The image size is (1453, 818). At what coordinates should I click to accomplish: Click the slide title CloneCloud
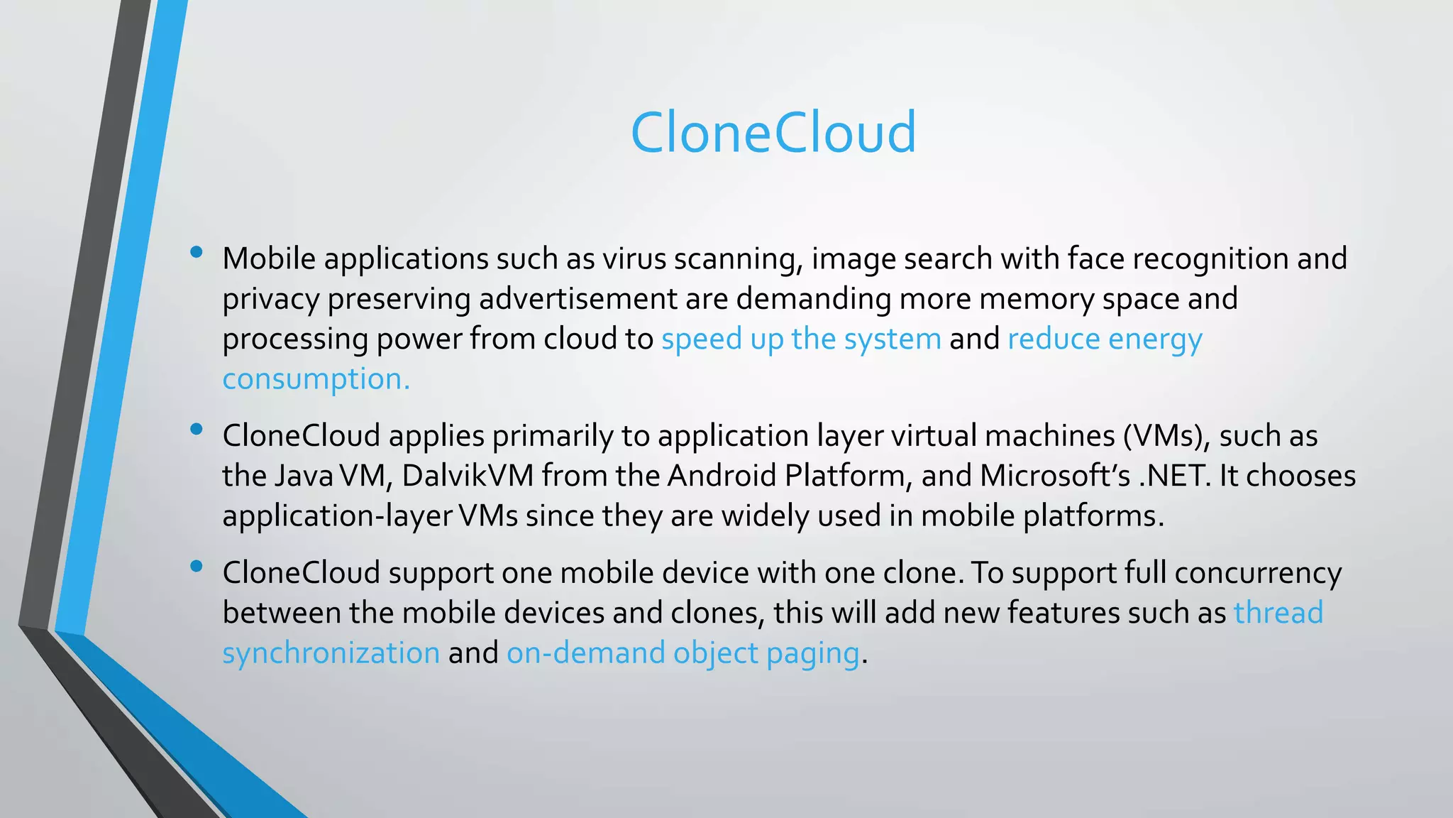point(773,133)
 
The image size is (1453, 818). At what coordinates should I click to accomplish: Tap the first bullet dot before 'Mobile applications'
point(197,251)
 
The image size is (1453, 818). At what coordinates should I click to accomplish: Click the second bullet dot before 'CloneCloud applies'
point(197,428)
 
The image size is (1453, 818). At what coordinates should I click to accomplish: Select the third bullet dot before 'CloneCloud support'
point(197,566)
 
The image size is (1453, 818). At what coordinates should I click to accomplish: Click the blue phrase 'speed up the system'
point(801,339)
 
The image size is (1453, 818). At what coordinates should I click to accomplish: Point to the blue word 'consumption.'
point(316,380)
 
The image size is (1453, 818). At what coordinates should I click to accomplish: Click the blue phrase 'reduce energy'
point(1105,339)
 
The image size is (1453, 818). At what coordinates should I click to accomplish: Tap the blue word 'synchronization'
point(331,653)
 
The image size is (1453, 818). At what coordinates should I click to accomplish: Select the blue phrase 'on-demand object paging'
point(683,653)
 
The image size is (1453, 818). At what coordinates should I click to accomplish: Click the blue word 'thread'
point(1278,613)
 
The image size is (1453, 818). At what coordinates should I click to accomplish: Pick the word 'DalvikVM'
point(468,476)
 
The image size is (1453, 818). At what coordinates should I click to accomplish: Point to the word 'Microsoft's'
point(1055,476)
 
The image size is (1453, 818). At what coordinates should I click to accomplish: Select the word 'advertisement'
point(578,299)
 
